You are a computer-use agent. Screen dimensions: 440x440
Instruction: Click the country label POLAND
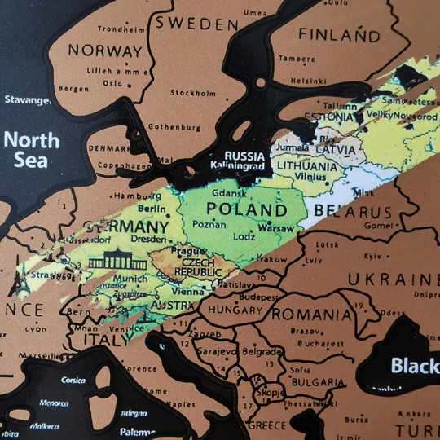(242, 209)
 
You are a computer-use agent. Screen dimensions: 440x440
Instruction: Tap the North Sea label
(31, 148)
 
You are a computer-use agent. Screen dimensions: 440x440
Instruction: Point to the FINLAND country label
(338, 35)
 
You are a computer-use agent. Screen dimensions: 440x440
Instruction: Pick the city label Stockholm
(193, 93)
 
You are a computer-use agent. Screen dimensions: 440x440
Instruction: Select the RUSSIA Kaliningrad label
(244, 161)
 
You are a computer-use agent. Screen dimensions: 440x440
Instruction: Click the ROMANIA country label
(311, 314)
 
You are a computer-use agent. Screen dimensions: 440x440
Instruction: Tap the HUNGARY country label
(235, 310)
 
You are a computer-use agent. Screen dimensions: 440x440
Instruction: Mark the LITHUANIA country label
(305, 167)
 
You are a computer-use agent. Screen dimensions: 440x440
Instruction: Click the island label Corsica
(73, 381)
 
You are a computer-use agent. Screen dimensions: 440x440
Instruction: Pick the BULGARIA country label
(315, 382)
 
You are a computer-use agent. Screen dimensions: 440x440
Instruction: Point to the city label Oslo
(112, 83)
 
